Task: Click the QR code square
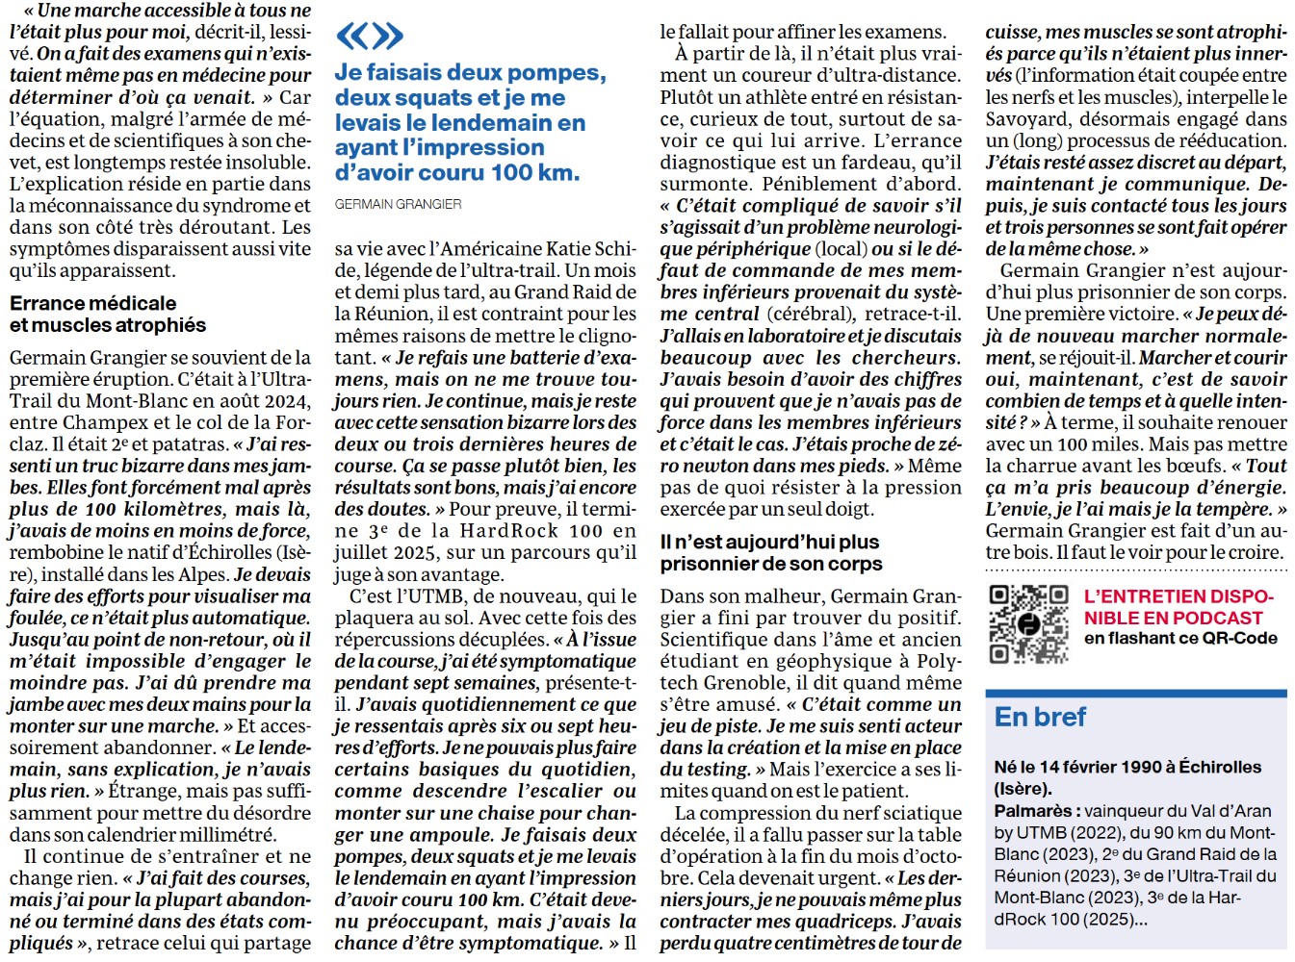(x=1027, y=624)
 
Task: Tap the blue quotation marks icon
(x=369, y=37)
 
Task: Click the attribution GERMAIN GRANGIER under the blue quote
(x=398, y=204)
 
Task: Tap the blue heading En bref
(x=1040, y=717)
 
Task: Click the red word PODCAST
(x=1218, y=618)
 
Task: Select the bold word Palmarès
(x=1032, y=811)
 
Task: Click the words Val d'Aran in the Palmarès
(x=1233, y=811)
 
